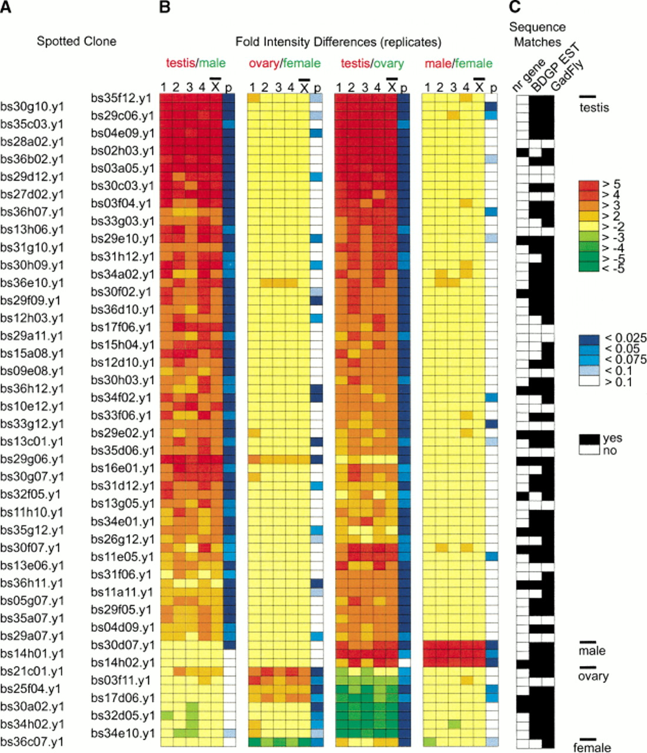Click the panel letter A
(x=6, y=7)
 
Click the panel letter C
(x=515, y=7)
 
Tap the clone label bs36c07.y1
(x=32, y=742)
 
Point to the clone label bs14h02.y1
(x=122, y=662)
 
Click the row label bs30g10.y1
(x=32, y=106)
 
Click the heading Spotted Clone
(x=77, y=42)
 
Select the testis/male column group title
(x=195, y=63)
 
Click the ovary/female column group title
(x=285, y=64)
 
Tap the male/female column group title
(x=459, y=64)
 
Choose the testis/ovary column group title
(x=372, y=64)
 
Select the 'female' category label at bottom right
(x=592, y=747)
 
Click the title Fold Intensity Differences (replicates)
(x=339, y=42)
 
